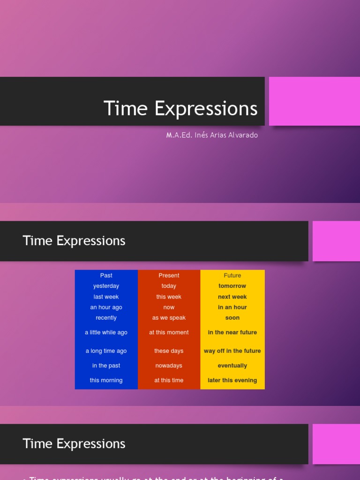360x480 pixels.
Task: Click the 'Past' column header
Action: tap(106, 276)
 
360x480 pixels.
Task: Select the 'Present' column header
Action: tap(169, 276)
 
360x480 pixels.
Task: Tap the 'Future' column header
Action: tap(232, 276)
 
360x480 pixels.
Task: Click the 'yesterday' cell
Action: tap(106, 286)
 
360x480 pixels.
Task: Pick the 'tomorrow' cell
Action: tap(232, 286)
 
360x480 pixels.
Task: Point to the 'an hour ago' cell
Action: tap(106, 307)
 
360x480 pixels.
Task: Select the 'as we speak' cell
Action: tap(169, 318)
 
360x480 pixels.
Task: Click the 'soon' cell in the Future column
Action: tap(232, 318)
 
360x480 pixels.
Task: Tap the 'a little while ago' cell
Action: tap(106, 332)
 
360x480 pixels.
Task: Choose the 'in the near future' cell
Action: tap(232, 332)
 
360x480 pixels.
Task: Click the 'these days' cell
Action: tap(169, 351)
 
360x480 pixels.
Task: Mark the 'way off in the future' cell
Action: tap(232, 351)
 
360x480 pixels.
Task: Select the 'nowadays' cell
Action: tap(169, 366)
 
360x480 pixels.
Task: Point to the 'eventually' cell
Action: tap(232, 366)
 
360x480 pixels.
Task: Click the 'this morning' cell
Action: tap(106, 380)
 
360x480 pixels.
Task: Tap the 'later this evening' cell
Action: tap(232, 380)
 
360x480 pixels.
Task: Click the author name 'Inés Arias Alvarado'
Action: tap(225, 135)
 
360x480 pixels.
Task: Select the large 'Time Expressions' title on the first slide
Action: tap(180, 108)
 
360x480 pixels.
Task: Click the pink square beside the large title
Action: tap(314, 101)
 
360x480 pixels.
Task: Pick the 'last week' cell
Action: tap(106, 297)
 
